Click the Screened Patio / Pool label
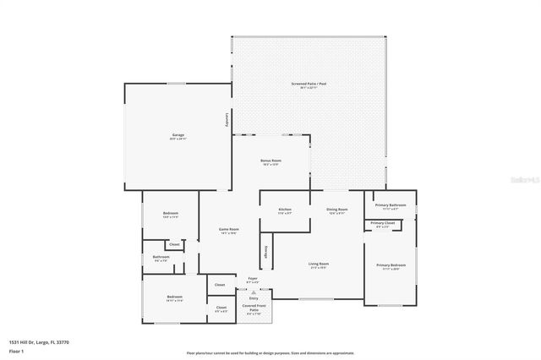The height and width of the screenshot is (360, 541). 309,84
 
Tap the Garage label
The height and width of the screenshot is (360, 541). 178,134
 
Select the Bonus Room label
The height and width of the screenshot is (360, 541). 270,161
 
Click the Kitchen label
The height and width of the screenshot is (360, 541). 286,210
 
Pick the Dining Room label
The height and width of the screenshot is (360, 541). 337,210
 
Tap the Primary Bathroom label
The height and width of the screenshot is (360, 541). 391,205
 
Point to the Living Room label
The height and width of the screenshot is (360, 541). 319,265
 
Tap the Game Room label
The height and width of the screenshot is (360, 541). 227,230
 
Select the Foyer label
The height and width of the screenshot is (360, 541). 252,278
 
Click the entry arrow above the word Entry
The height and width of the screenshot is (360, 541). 253,292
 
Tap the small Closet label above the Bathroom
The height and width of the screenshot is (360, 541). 174,244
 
